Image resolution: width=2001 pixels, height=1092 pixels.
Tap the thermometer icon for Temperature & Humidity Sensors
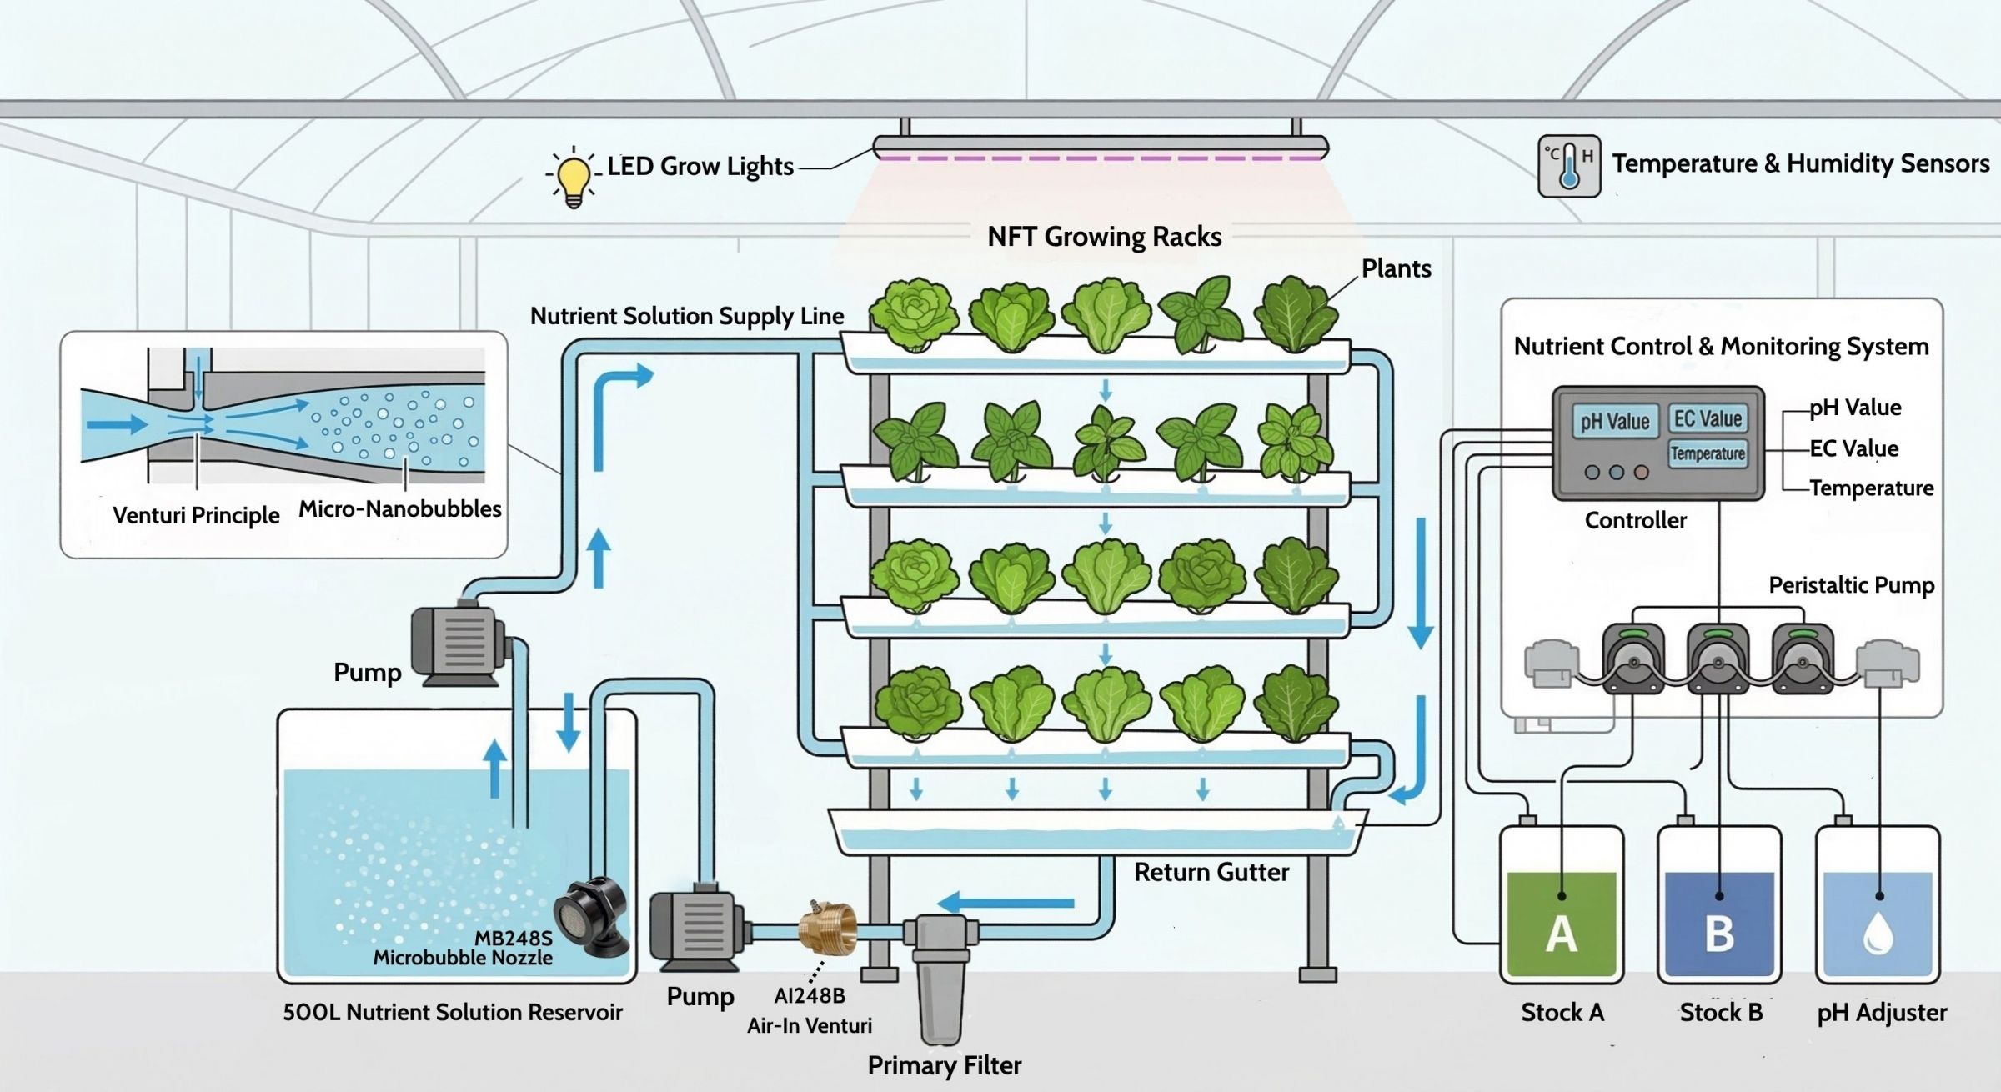pos(1568,166)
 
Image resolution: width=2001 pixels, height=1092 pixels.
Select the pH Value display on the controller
pos(1614,422)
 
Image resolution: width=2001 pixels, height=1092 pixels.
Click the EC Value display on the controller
pos(1708,418)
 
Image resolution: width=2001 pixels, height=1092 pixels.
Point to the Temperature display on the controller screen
pos(1708,453)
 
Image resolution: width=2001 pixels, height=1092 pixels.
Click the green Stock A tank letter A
pos(1561,934)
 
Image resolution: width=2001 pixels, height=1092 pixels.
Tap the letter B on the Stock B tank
pos(1719,934)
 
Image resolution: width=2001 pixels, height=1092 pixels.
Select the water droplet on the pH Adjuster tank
pos(1877,934)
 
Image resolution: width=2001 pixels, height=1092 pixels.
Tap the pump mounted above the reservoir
pos(459,644)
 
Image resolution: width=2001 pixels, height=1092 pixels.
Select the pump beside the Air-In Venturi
pos(696,927)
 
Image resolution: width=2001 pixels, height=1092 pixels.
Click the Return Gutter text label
pos(1211,873)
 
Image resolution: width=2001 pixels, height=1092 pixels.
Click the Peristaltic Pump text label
pos(1851,585)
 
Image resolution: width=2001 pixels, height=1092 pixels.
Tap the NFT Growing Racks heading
pos(1104,237)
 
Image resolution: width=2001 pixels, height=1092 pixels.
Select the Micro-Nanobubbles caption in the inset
pos(400,509)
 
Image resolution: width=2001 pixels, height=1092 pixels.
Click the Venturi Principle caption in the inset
pos(196,515)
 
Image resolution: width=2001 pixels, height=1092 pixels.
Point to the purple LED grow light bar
pos(1101,154)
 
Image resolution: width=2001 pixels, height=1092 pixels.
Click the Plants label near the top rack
pos(1396,268)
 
